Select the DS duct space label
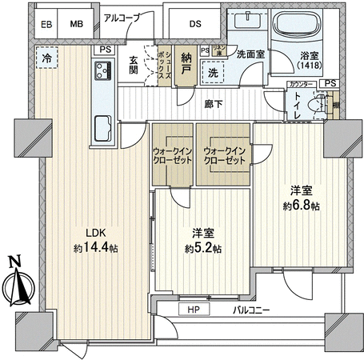point(195,24)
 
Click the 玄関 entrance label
point(134,69)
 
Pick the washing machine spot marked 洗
point(212,72)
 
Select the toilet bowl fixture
point(322,105)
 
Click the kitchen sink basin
point(103,126)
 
